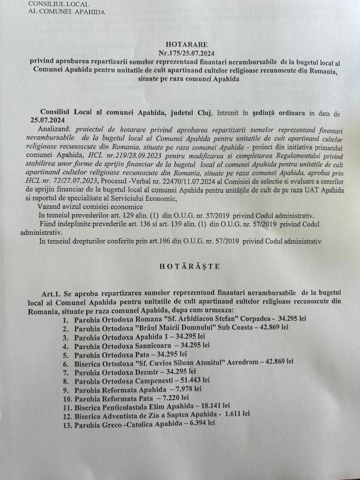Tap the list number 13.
(x=67, y=424)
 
